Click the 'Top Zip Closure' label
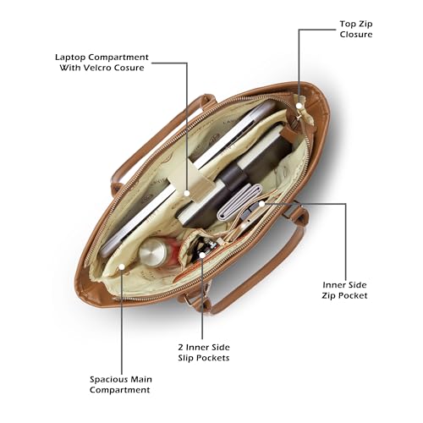pos(356,29)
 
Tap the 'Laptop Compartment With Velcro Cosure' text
pos(102,63)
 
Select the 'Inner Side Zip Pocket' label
pos(344,290)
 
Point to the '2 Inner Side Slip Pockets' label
pos(204,353)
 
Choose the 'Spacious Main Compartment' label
pos(121,385)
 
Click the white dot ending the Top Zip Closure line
pos(299,106)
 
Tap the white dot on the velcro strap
pos(186,193)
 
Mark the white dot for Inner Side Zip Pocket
pos(261,203)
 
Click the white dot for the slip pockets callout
pos(202,255)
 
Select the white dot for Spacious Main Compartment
pos(122,266)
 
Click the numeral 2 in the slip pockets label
pos(181,347)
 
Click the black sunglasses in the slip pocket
pos(204,246)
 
